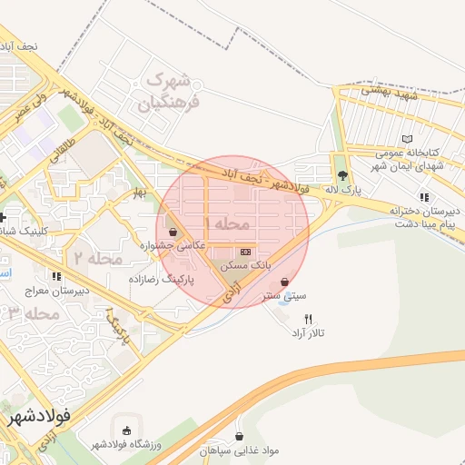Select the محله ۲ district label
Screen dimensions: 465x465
pyautogui.click(x=97, y=258)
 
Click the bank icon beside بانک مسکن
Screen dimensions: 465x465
pyautogui.click(x=244, y=252)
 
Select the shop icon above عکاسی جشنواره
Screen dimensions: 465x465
pyautogui.click(x=173, y=232)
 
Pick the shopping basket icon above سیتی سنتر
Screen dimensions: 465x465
pyautogui.click(x=287, y=282)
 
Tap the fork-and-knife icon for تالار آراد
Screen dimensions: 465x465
pyautogui.click(x=309, y=319)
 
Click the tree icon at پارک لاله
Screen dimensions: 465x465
pyautogui.click(x=341, y=175)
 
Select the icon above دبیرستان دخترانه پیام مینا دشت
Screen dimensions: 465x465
pyautogui.click(x=423, y=196)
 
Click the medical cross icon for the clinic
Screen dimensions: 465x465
pyautogui.click(x=5, y=217)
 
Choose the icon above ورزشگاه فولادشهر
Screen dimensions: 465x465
pyautogui.click(x=125, y=430)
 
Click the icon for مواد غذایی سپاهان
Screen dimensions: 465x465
pyautogui.click(x=239, y=436)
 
